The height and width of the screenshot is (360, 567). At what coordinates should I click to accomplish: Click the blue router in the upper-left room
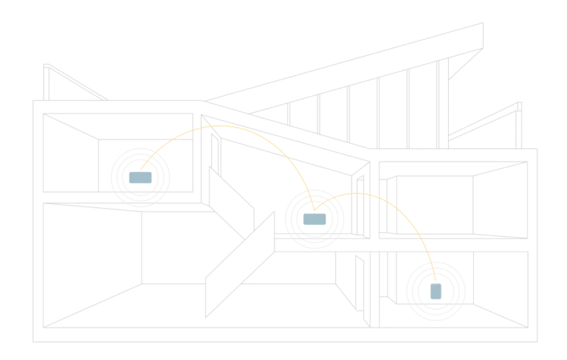138,179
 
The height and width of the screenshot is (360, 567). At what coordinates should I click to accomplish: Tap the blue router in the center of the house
315,219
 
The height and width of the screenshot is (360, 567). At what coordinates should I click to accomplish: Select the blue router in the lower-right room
435,291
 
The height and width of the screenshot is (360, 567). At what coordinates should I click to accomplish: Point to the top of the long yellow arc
221,125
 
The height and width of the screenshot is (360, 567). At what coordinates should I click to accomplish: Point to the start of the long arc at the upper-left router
140,170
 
